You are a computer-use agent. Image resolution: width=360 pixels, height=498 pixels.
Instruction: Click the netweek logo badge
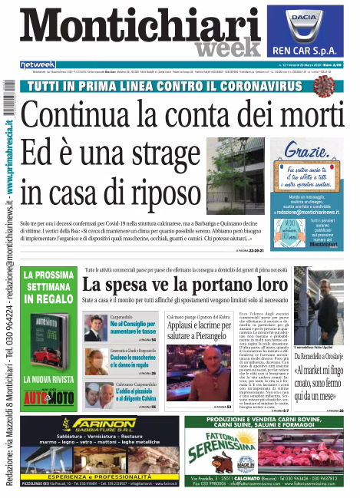pos(37,64)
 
